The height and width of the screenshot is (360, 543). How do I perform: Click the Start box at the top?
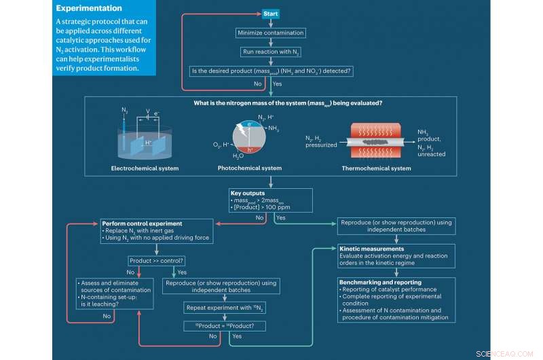tap(271, 14)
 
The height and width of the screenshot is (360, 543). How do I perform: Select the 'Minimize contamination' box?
tap(271, 33)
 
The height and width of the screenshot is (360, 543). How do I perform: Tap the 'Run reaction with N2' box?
tap(271, 52)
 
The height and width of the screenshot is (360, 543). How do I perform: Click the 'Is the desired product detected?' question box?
tap(271, 71)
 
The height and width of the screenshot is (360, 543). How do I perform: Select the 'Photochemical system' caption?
tap(250, 168)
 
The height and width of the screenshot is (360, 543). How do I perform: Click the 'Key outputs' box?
tap(271, 200)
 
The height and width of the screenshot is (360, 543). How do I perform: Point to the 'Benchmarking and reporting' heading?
tap(379, 281)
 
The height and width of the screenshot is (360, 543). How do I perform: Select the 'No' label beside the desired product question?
tap(258, 84)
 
